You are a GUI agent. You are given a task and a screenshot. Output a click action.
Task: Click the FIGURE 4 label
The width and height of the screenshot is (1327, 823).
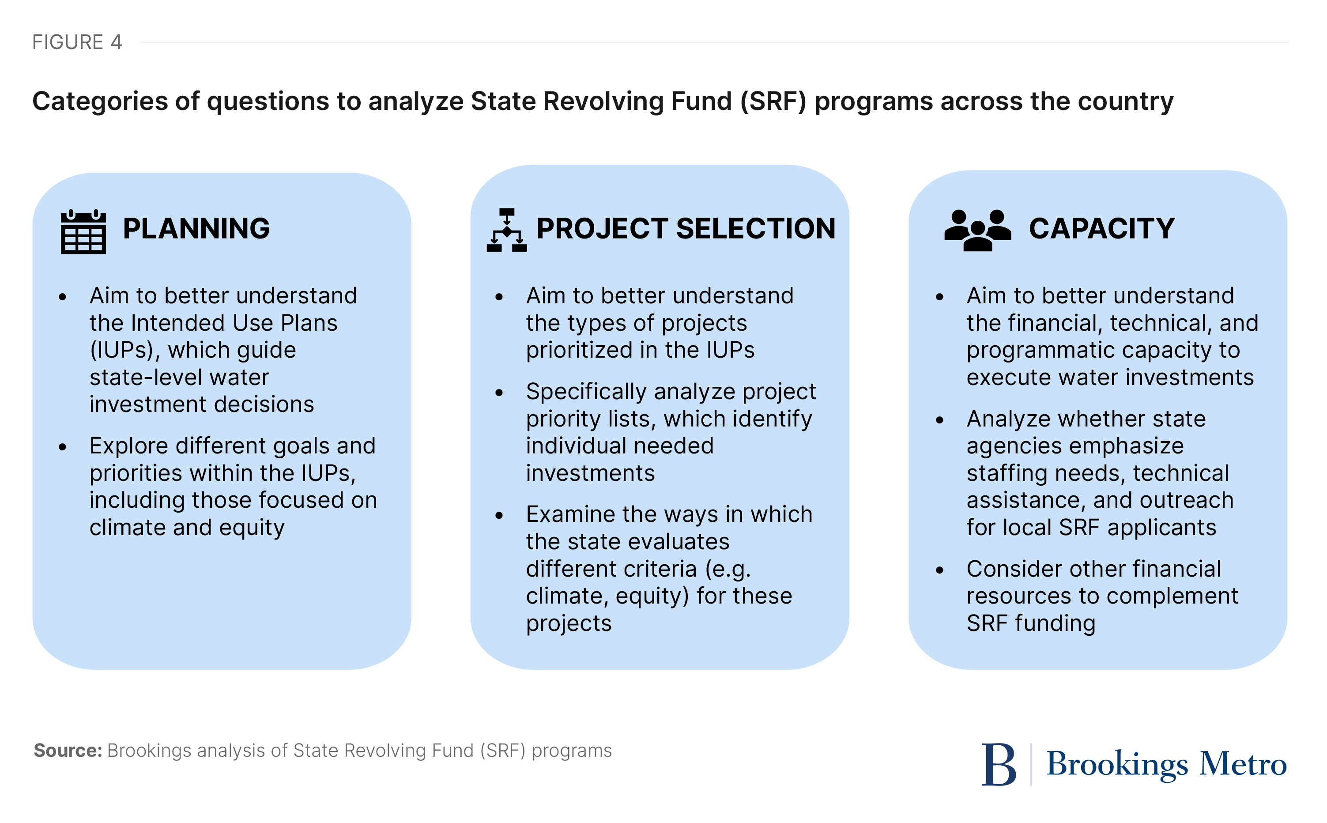77,42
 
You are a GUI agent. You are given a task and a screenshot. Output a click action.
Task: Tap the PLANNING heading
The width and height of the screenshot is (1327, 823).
196,228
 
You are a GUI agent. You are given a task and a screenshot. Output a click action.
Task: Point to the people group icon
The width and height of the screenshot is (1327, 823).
977,230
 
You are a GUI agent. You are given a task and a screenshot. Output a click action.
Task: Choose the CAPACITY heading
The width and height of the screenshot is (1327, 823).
1101,228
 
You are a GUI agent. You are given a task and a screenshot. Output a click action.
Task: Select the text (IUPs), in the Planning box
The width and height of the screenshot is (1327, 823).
124,350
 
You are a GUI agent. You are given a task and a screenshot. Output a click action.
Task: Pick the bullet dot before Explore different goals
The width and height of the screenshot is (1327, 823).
63,447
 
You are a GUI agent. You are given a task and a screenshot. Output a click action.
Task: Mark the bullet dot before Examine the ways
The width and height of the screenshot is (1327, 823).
499,515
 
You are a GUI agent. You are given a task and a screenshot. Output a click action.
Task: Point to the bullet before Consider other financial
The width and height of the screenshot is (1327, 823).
939,570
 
